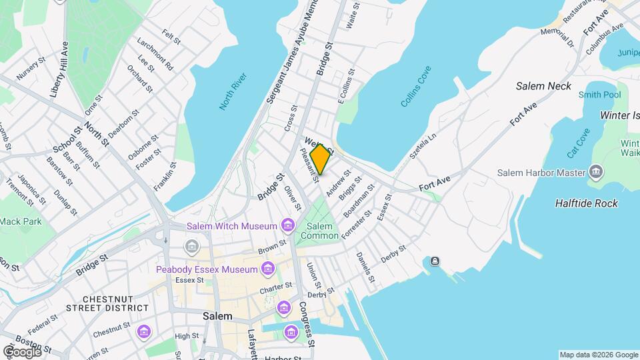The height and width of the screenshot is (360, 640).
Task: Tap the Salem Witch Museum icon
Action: (x=288, y=225)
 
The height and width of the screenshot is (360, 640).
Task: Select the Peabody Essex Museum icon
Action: (x=268, y=269)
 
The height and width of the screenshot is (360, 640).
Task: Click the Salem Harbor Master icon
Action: (x=597, y=173)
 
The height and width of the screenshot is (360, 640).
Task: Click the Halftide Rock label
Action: (x=587, y=203)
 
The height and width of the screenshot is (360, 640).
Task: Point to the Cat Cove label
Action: (x=578, y=143)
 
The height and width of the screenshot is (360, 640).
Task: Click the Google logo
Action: (x=22, y=351)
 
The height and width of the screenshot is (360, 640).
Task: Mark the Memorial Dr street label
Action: (x=557, y=37)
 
